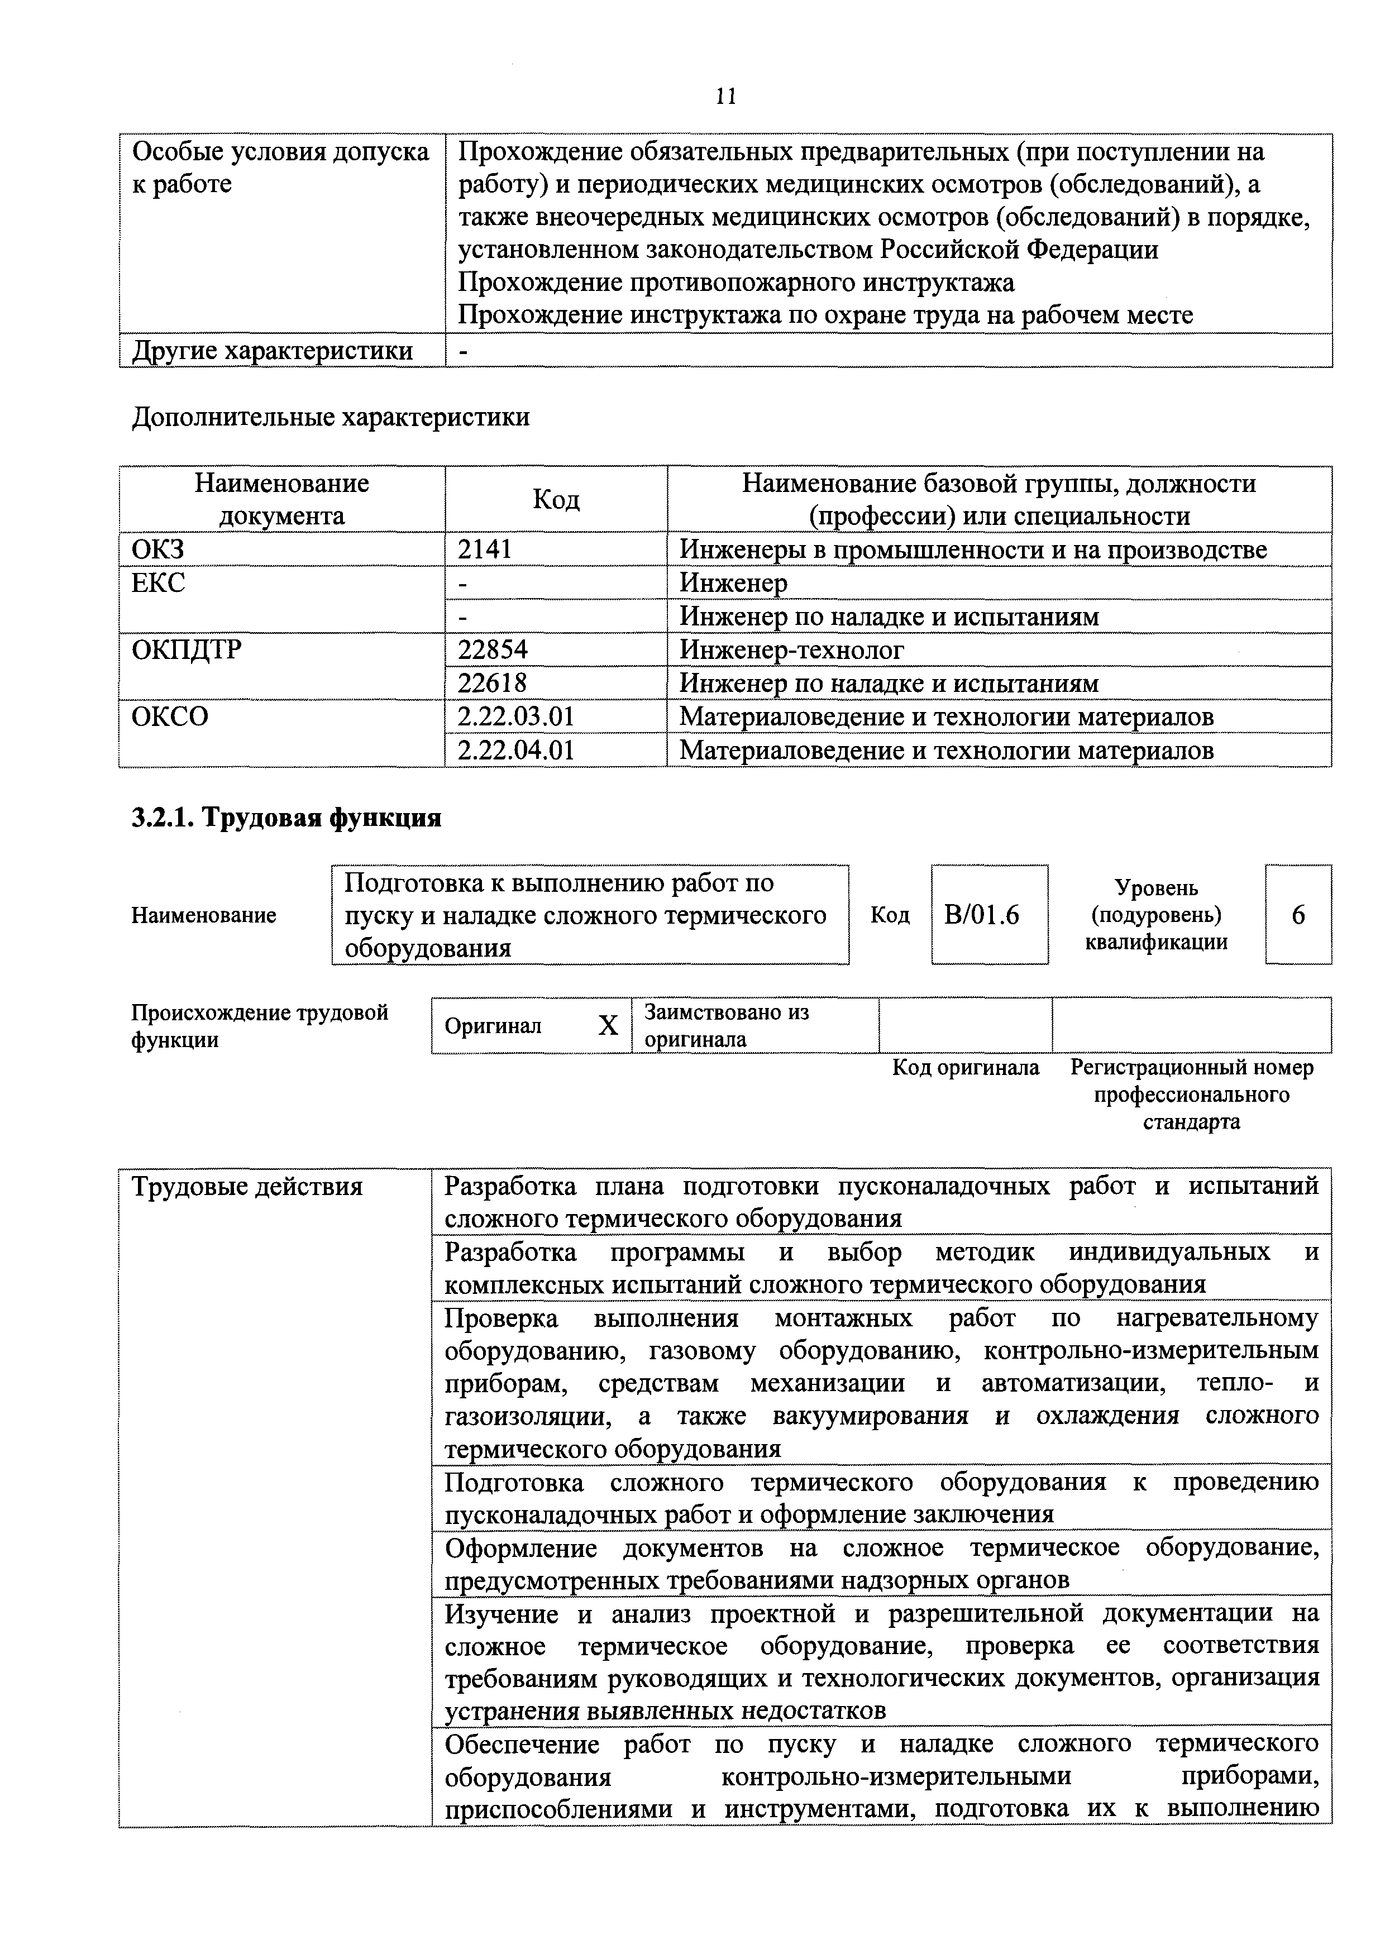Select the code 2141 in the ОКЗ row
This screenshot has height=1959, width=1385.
485,550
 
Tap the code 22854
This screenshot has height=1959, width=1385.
493,650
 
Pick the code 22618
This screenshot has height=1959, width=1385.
493,684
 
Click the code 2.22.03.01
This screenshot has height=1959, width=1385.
515,716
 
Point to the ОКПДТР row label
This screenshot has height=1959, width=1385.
186,650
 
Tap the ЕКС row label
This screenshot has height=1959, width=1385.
158,583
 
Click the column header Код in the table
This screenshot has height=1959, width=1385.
556,500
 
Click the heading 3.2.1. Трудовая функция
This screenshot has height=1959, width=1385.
286,818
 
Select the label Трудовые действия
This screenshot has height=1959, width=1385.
247,1187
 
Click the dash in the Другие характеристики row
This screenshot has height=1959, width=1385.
464,351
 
